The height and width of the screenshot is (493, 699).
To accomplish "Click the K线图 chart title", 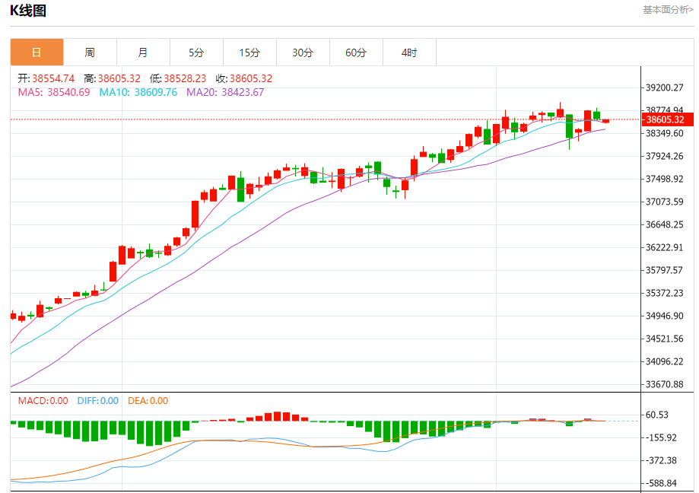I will pos(28,10).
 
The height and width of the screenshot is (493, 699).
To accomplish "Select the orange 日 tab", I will pos(37,52).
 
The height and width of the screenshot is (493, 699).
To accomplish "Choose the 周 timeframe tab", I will pos(90,52).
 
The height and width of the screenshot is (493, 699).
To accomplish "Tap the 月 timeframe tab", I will pos(143,52).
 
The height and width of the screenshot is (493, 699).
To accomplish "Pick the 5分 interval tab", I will pos(196,52).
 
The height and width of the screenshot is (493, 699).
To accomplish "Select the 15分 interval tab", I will pos(249,52).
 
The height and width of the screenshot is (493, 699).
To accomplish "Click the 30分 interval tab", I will pos(303,52).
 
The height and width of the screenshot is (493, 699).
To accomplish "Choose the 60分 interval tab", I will pos(356,52).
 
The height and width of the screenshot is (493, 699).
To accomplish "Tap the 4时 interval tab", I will pos(409,52).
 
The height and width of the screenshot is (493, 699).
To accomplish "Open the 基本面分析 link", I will pos(668,10).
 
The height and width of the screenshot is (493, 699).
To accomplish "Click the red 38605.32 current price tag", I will pos(665,119).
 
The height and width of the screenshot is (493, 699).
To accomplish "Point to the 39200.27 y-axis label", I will pos(665,87).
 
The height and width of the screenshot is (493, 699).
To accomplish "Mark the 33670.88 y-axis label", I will pos(665,384).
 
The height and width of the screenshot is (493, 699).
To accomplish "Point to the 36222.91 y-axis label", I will pos(665,247).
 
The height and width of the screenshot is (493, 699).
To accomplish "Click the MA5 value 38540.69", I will pos(68,92).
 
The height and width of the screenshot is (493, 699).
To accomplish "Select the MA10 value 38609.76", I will pos(156,92).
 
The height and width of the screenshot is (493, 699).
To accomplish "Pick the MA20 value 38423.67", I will pos(243,92).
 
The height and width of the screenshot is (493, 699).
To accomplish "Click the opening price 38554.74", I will pos(53,78).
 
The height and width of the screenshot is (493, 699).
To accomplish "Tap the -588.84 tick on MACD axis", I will pos(662,483).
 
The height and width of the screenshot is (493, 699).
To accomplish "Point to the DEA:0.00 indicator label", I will pos(148,401).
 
